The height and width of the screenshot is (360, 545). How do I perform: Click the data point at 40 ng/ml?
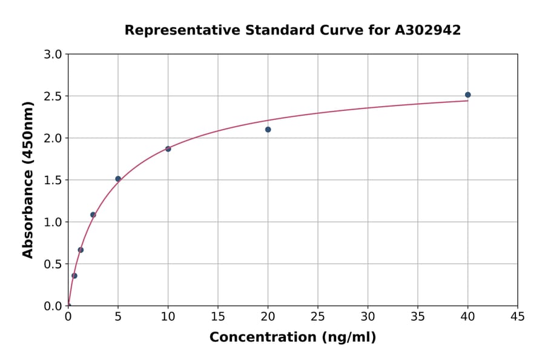[467, 95]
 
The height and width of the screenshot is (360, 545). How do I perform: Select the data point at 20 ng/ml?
[268, 129]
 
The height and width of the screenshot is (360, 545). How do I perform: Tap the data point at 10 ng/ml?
[168, 148]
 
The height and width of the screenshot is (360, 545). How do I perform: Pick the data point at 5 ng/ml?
[118, 179]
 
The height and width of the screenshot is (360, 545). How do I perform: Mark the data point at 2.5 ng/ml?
[93, 215]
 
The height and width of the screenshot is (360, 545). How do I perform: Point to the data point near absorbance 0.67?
[81, 250]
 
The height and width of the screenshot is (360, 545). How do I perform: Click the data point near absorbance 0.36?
[74, 276]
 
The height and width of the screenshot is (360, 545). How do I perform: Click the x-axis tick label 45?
[518, 316]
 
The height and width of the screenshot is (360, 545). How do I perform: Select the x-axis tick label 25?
[318, 316]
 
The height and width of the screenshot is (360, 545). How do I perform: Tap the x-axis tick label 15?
[218, 316]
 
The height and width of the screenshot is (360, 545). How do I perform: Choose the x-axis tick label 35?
[418, 316]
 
